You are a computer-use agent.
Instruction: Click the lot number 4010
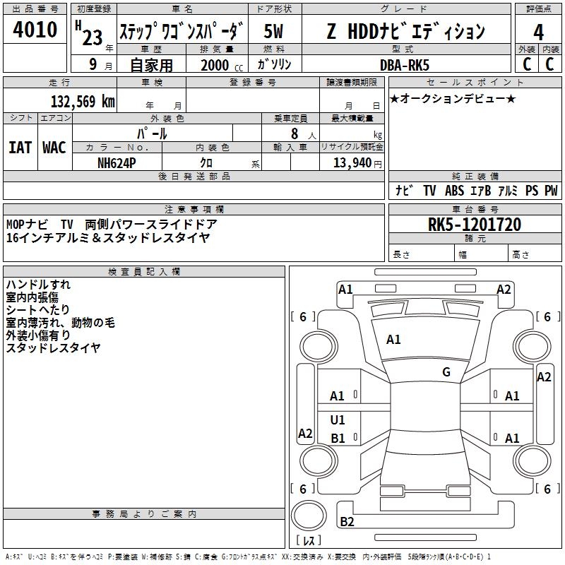(x=35, y=30)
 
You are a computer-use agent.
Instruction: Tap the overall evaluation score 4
(x=538, y=32)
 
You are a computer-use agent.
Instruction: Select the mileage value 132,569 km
(x=83, y=101)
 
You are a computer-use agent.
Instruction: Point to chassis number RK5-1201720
(x=475, y=225)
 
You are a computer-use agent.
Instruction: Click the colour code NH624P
(x=118, y=162)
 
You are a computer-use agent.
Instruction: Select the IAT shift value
(x=20, y=147)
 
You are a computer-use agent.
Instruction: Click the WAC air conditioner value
(x=54, y=147)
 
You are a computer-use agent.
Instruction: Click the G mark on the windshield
(x=446, y=372)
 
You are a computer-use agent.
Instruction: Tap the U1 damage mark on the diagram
(x=338, y=420)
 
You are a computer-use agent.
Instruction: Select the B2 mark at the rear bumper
(x=347, y=522)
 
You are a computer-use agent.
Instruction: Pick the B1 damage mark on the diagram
(x=338, y=439)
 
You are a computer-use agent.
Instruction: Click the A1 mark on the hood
(x=393, y=340)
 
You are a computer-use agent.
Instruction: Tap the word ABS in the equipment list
(x=455, y=191)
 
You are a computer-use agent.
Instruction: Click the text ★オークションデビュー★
(x=453, y=99)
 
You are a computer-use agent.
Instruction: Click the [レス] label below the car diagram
(x=309, y=542)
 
